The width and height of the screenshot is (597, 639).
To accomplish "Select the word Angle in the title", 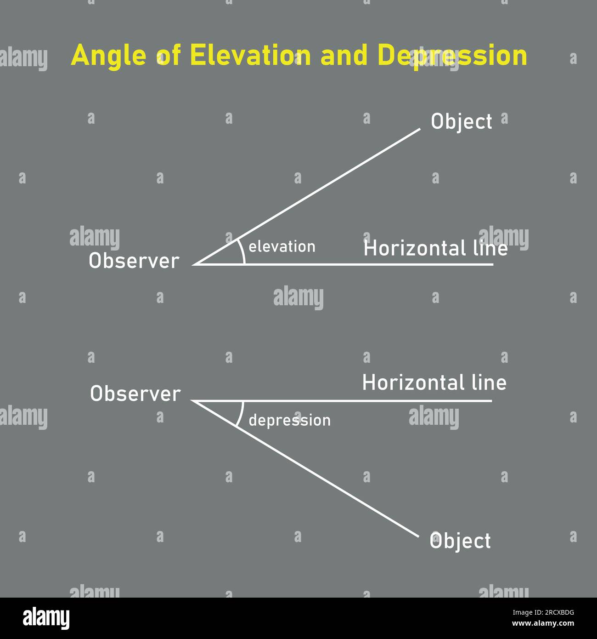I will pyautogui.click(x=108, y=56).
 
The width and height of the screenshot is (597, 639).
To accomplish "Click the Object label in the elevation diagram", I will pyautogui.click(x=461, y=122).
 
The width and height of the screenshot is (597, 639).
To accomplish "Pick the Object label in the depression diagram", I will pyautogui.click(x=460, y=541).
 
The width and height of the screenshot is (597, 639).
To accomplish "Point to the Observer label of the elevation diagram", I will pyautogui.click(x=134, y=261).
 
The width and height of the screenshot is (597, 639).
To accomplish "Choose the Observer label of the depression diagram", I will pyautogui.click(x=135, y=394).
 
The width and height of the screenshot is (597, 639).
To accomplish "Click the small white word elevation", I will pyautogui.click(x=282, y=247).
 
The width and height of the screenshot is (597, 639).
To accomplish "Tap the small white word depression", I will pyautogui.click(x=289, y=420).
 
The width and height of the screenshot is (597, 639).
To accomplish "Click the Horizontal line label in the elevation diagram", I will pyautogui.click(x=435, y=249).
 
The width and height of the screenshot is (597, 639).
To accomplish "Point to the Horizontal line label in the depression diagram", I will pyautogui.click(x=434, y=383).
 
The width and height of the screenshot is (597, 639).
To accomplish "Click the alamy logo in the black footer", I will pyautogui.click(x=46, y=618).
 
